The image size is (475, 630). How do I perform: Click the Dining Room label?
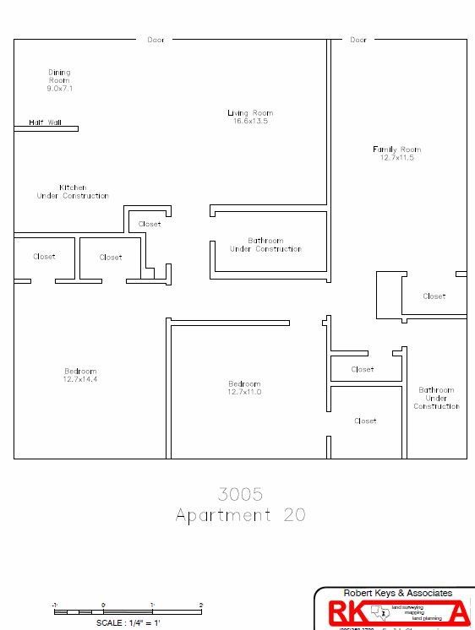coord(59,76)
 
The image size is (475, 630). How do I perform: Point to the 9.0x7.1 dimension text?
coord(59,88)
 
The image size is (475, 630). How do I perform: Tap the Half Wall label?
coord(46,122)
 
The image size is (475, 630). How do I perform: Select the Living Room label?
coord(250,113)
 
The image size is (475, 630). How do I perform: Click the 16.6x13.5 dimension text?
coord(250,122)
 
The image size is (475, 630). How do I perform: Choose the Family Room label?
coord(396,149)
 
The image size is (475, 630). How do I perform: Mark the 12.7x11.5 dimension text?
coord(396,158)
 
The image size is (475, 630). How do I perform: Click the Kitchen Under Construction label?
coord(73,192)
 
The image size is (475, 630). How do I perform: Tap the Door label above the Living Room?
coord(156,40)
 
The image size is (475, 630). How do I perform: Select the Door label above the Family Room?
coord(358,40)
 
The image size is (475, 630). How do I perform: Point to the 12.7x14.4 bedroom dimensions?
coord(80,380)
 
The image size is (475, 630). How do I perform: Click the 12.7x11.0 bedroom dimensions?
coord(244,392)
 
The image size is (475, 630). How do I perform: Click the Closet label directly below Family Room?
coord(434,296)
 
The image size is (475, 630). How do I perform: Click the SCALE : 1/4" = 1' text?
coord(128,622)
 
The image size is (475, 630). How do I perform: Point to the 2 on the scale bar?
coord(201,605)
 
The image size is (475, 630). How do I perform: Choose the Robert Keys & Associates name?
coord(397,594)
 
